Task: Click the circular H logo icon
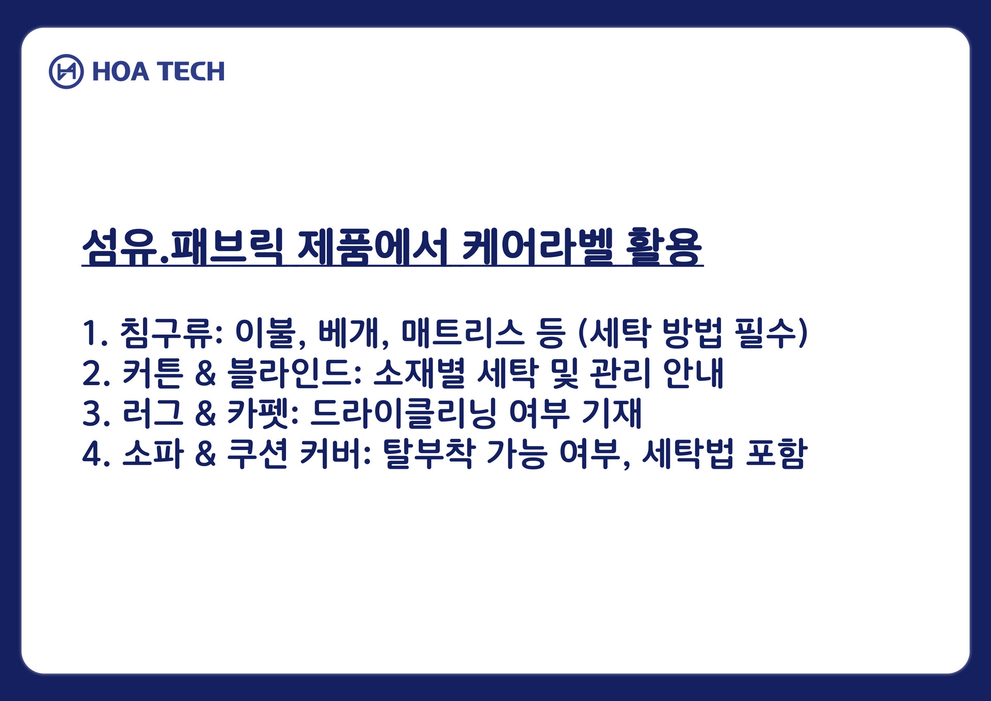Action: [x=66, y=71]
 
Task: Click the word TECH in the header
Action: [x=191, y=71]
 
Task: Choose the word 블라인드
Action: [x=294, y=373]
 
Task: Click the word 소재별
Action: [x=419, y=373]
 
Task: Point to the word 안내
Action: [x=694, y=373]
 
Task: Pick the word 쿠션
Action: [x=258, y=454]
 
